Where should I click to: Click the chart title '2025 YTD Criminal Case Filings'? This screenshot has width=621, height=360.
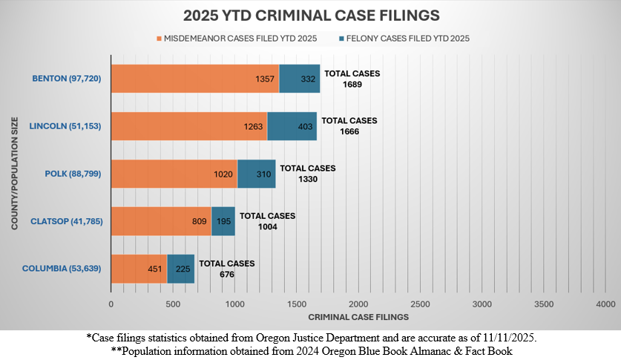pyautogui.click(x=309, y=15)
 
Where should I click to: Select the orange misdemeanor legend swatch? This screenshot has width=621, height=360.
pyautogui.click(x=158, y=37)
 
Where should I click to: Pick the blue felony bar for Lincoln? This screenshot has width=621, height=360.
pyautogui.click(x=292, y=126)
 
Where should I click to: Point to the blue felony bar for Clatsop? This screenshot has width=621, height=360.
pyautogui.click(x=223, y=221)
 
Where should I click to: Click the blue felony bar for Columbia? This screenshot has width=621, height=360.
pyautogui.click(x=180, y=269)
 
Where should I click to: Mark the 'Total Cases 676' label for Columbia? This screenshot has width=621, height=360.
pyautogui.click(x=226, y=269)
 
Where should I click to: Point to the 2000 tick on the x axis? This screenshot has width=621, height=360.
pyautogui.click(x=358, y=304)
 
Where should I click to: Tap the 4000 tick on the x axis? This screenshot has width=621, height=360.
pyautogui.click(x=605, y=304)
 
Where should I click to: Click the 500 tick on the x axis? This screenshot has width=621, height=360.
pyautogui.click(x=173, y=304)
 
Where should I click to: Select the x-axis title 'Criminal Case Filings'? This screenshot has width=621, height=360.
pyautogui.click(x=358, y=317)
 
